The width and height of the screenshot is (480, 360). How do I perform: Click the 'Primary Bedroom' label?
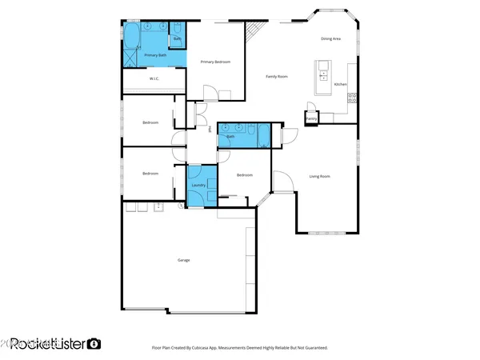click(215, 62)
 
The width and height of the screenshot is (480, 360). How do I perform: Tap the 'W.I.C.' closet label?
click(155, 78)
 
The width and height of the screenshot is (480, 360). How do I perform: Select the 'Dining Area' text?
click(331, 38)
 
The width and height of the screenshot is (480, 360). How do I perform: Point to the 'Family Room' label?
click(277, 76)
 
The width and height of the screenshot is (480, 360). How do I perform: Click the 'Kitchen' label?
click(340, 84)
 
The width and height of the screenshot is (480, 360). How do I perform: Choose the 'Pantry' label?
click(311, 119)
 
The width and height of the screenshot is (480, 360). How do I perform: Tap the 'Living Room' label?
click(320, 176)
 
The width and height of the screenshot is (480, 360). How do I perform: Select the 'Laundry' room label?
click(200, 185)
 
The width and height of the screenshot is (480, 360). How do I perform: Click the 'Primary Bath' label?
click(156, 55)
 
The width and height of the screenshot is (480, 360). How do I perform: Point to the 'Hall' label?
click(210, 129)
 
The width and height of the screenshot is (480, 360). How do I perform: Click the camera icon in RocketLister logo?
click(94, 343)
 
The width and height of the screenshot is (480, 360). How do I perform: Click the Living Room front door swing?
click(282, 183)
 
